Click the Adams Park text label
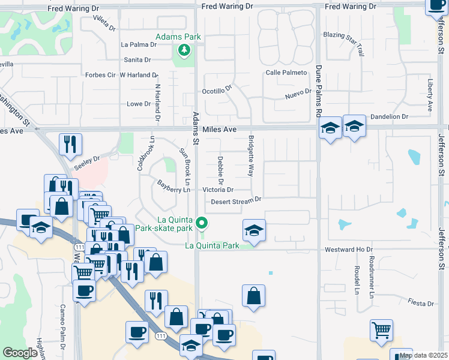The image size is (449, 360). point(178,37)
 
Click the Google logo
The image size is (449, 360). point(20,353)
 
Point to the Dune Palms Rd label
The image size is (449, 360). point(319,91)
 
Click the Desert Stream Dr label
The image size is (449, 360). point(237,201)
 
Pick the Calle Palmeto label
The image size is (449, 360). point(286,73)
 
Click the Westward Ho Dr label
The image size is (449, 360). point(349,249)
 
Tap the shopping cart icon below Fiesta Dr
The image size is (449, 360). point(381,331)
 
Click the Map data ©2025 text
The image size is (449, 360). point(424,355)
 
